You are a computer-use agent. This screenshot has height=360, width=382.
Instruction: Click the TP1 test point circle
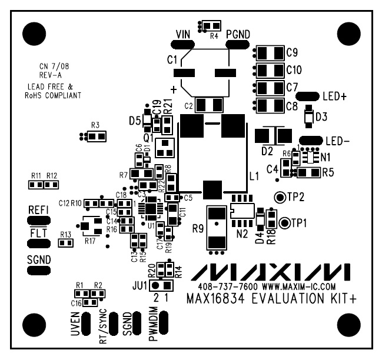pyautogui.click(x=285, y=222)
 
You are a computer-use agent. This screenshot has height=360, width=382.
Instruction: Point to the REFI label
pyautogui.click(x=38, y=210)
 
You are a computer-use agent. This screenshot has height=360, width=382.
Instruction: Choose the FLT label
pyautogui.click(x=38, y=234)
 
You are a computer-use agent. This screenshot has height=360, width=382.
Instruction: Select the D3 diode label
pyautogui.click(x=321, y=116)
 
